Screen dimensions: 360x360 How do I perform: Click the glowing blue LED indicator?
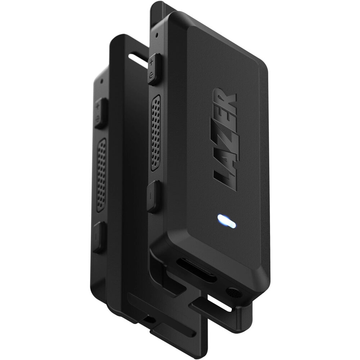pyautogui.click(x=226, y=221)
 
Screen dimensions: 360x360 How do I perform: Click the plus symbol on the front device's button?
pyautogui.click(x=151, y=63)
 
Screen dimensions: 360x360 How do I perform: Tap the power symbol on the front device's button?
pyautogui.click(x=151, y=75)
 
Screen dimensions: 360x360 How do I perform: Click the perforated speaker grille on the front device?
pyautogui.click(x=156, y=133)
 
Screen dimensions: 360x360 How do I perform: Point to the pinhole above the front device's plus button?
pyautogui.click(x=157, y=36)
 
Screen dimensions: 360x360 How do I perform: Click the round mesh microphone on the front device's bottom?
pyautogui.click(x=234, y=293)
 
